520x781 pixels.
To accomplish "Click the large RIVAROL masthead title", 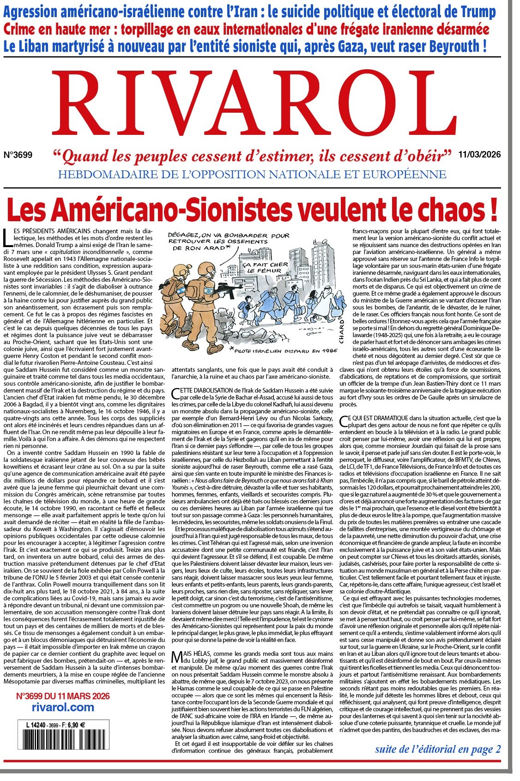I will coord(259,105).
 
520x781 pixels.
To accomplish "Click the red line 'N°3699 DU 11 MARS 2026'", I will coord(63,696).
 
